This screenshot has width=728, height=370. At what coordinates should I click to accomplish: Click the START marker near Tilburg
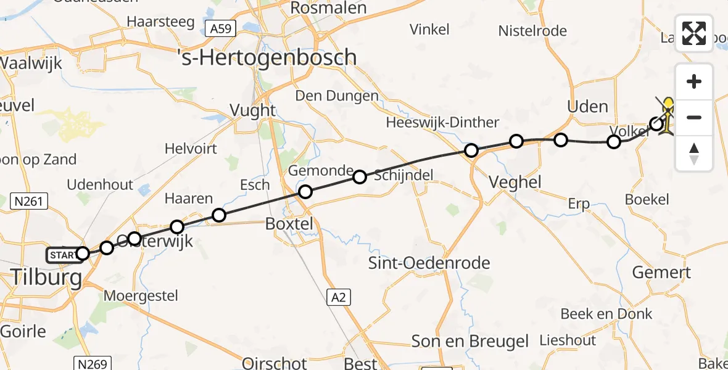62,254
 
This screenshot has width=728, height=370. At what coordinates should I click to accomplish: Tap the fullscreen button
694,33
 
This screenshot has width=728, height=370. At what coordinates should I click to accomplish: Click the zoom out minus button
694,117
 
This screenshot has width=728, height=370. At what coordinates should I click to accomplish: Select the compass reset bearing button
694,154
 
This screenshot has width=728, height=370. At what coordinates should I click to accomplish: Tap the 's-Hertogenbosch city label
267,57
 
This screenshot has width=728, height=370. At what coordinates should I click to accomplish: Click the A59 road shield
221,28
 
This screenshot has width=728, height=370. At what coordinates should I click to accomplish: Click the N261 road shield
30,200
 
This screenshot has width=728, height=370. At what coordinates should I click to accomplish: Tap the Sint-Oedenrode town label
429,263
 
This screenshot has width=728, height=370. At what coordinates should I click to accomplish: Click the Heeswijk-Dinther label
442,122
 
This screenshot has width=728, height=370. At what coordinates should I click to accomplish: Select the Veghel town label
514,182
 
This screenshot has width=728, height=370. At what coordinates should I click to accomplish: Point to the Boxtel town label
289,224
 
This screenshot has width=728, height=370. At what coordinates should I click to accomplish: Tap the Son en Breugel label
470,342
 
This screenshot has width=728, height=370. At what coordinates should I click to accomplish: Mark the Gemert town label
661,272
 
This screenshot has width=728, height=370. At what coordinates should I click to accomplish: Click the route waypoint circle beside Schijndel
360,178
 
